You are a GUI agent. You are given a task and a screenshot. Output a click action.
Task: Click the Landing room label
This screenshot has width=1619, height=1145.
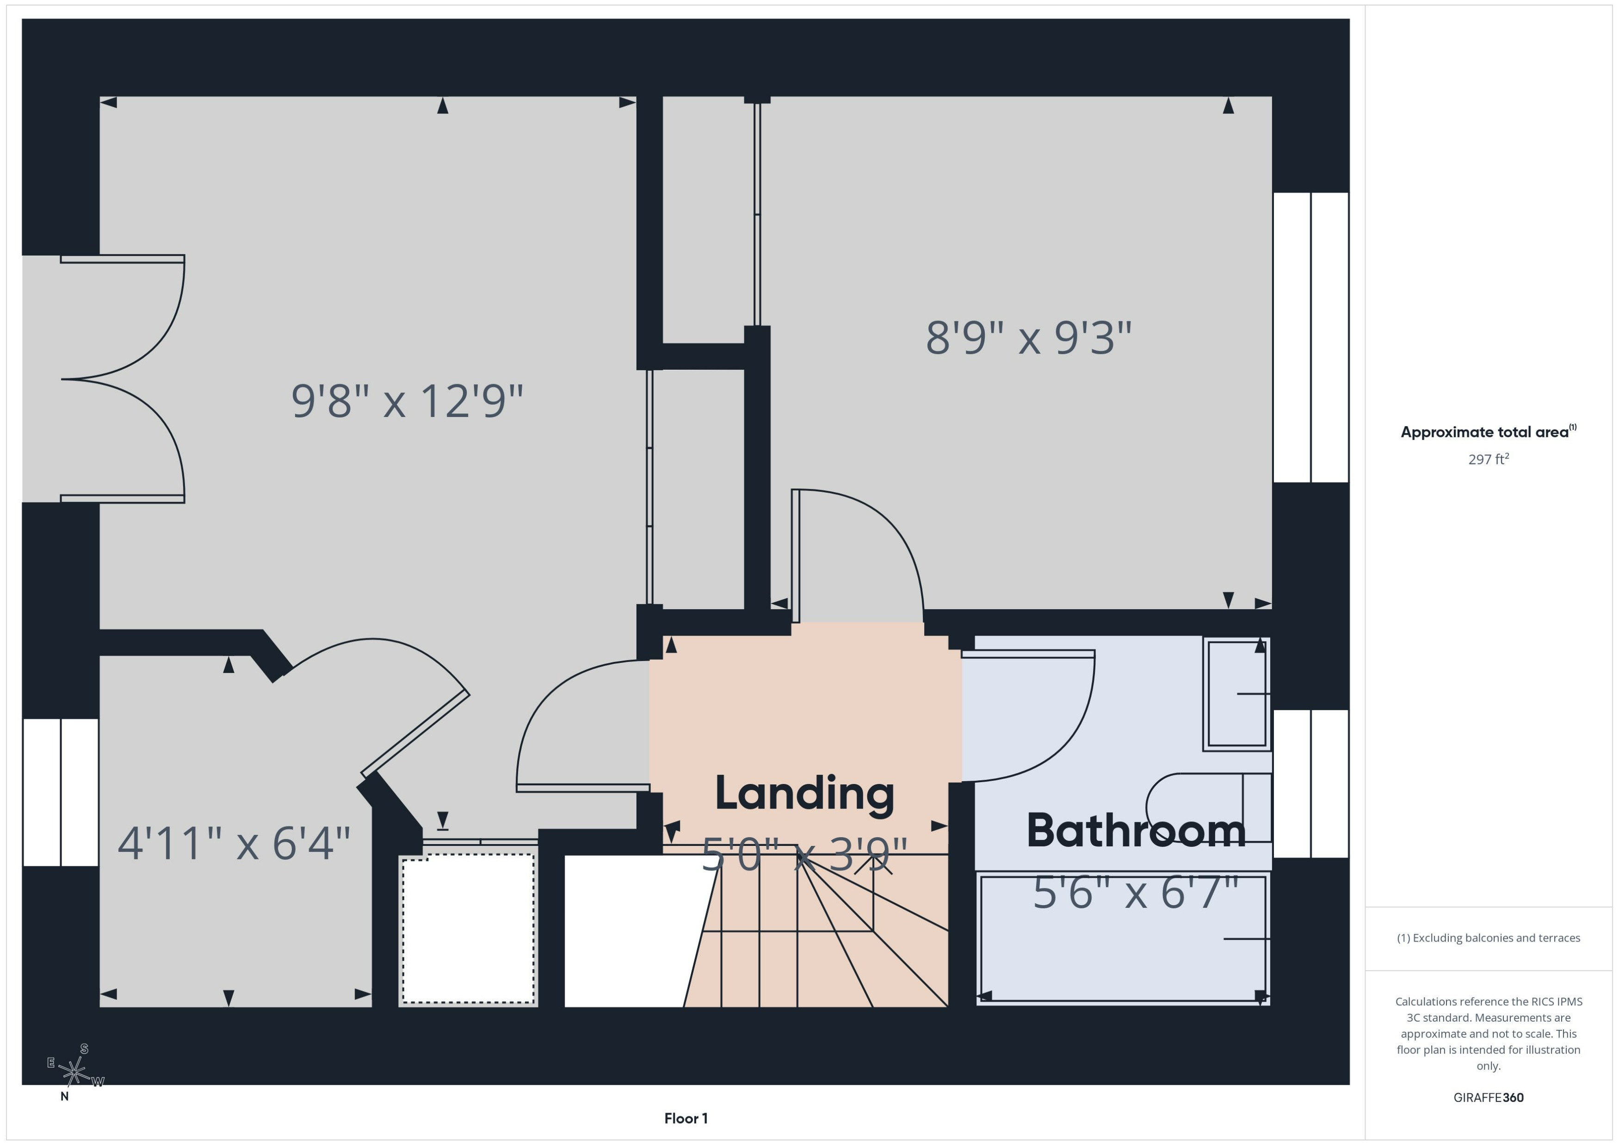(x=804, y=794)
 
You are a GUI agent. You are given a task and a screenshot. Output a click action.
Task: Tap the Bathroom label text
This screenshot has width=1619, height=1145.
(x=1136, y=831)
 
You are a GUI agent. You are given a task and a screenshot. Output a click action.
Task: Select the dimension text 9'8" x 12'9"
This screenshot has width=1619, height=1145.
(x=407, y=401)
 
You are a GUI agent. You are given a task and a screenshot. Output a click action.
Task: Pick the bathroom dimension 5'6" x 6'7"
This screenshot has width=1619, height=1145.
(x=1136, y=893)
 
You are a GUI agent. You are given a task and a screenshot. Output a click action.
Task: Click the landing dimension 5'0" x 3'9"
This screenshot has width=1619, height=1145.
(x=804, y=855)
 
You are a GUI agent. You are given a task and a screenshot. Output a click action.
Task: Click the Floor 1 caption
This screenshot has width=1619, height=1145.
(x=686, y=1118)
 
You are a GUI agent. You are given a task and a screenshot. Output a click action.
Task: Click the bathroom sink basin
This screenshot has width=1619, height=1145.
(x=1236, y=694)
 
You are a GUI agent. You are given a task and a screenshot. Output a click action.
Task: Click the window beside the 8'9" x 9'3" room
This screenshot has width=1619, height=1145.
(x=1311, y=337)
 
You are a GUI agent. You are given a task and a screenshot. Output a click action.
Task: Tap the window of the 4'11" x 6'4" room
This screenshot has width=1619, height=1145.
(x=61, y=792)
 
